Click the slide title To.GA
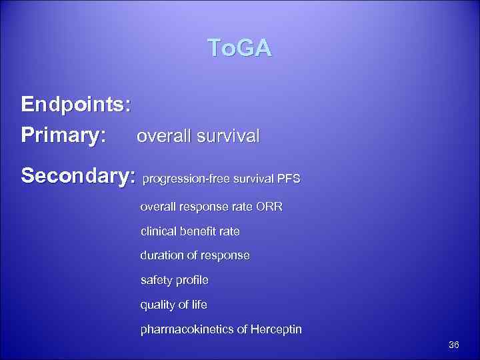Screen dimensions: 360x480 (239, 49)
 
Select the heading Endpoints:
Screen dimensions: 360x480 (76, 105)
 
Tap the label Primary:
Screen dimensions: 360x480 (63, 136)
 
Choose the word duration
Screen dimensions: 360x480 (161, 256)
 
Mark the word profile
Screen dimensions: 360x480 (192, 281)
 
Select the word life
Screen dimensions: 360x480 (199, 305)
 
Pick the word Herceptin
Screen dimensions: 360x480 (275, 329)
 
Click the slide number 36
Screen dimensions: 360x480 (454, 345)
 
